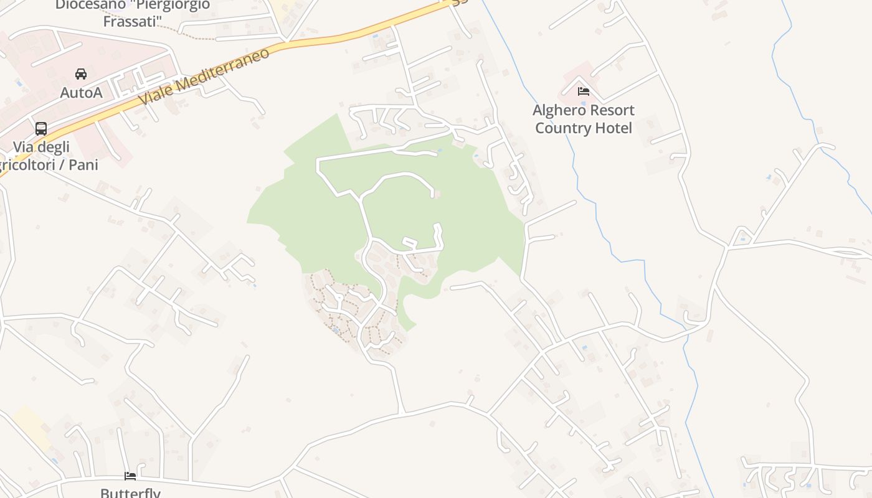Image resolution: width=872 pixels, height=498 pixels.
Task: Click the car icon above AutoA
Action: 81,74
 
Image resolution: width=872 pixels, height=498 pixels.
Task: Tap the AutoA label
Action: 81,93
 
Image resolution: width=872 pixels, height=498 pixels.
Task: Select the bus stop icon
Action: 41,129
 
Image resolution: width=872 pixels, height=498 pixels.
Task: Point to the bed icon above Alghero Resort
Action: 584,92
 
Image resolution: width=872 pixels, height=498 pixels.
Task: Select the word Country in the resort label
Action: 562,128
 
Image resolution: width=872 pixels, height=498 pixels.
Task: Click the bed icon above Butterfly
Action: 130,476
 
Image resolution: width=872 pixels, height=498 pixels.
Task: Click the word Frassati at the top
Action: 133,21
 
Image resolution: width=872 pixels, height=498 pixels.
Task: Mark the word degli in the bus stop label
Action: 54,148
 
